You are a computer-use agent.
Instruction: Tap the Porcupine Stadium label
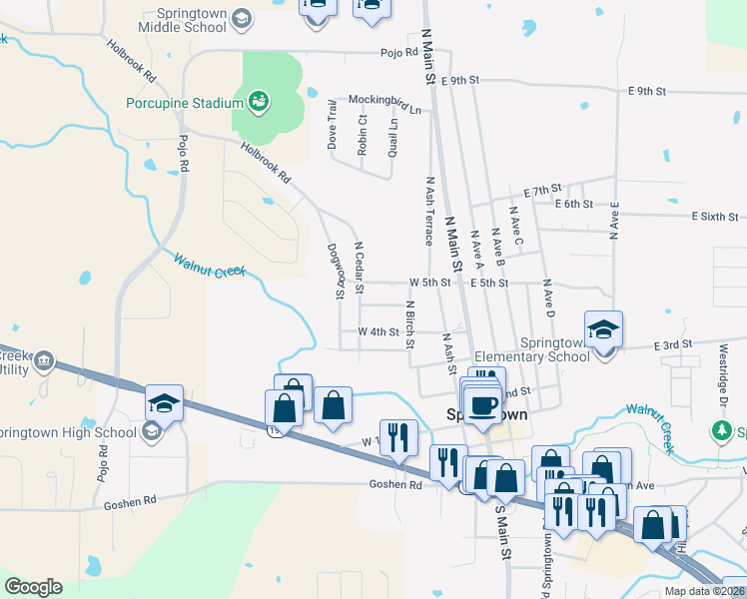coord(185,103)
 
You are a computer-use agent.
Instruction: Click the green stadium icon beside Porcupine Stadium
coord(259,101)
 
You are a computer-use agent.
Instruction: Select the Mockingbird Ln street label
coord(384,100)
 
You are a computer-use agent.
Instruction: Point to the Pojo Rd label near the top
coord(397,52)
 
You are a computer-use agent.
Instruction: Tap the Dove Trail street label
coord(333,130)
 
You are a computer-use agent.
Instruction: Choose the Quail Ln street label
coord(393,137)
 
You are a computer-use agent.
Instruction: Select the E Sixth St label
coord(715,216)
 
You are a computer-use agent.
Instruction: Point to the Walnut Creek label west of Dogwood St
coord(209,265)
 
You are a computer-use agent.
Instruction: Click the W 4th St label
coord(378,331)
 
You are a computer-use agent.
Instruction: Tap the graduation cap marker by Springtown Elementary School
coord(604,329)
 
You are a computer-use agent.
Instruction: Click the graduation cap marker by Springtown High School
coord(164,403)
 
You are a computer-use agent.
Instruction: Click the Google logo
coord(33,587)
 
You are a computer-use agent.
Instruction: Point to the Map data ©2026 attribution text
coord(703,591)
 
